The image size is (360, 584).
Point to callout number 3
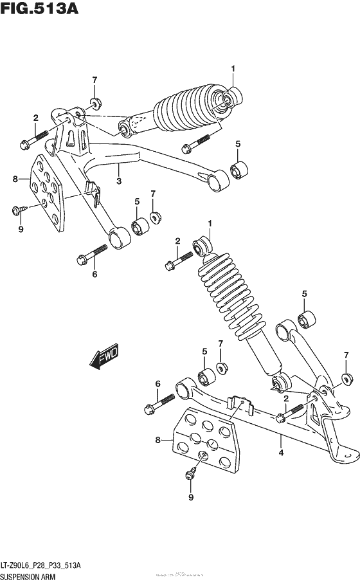point(119,182)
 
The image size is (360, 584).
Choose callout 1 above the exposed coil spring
point(209,223)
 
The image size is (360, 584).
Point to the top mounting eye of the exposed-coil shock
point(202,245)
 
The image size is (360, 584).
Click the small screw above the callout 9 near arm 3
point(19,209)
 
